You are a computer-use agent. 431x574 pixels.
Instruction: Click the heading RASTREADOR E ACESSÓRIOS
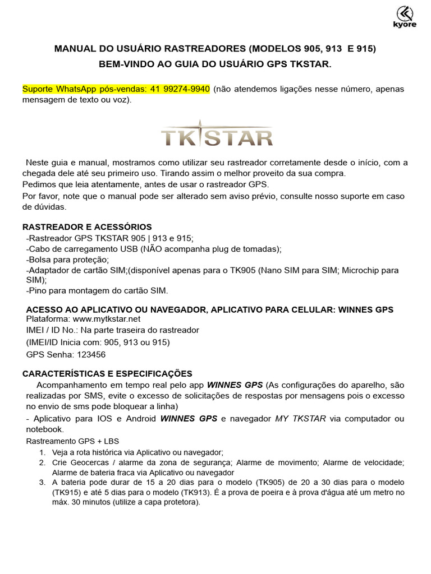click(87, 227)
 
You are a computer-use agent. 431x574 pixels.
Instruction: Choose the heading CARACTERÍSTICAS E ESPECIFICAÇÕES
click(107, 373)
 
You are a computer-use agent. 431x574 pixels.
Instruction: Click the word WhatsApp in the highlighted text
click(75, 90)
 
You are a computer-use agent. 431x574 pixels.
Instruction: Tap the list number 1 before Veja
click(42, 452)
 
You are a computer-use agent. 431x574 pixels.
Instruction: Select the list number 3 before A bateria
click(42, 482)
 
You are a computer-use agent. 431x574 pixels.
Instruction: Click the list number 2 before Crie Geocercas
click(42, 462)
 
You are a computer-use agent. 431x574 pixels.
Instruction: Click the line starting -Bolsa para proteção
click(68, 259)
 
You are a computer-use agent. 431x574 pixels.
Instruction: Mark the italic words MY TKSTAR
click(300, 419)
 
